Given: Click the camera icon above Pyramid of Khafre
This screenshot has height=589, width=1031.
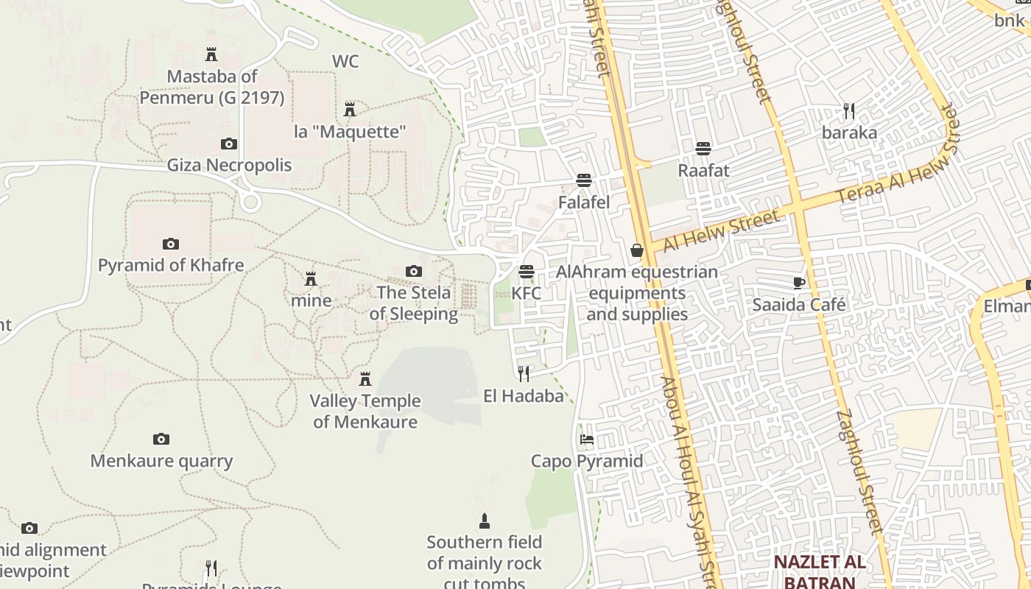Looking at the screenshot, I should (x=170, y=244).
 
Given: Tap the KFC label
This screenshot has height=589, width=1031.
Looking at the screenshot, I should (x=526, y=293).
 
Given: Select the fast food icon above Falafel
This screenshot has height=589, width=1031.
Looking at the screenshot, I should (x=584, y=180).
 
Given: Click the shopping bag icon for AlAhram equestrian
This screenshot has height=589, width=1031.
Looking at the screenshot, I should (x=637, y=250).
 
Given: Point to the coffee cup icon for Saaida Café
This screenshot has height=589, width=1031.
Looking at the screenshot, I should (x=799, y=283).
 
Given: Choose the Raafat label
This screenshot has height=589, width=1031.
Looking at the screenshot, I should (x=703, y=171).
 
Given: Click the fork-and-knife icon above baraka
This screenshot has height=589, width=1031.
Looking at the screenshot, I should (x=849, y=111).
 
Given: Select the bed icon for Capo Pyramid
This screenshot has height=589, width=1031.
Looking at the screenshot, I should (x=587, y=440).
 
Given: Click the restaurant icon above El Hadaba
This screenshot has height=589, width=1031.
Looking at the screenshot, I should (x=523, y=374).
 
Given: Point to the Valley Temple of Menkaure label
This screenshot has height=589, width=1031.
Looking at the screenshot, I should (x=365, y=412).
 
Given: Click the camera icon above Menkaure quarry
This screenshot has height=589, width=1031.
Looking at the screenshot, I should (x=161, y=440).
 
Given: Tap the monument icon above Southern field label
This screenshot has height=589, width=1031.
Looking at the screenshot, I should (x=484, y=521).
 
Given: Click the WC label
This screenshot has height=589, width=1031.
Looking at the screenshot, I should (x=345, y=61).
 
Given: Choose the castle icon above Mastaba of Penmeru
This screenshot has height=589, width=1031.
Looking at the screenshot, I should (x=211, y=54).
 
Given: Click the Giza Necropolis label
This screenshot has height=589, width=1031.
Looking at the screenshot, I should (x=229, y=165).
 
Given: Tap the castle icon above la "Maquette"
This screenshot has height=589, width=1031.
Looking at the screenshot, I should (x=350, y=110).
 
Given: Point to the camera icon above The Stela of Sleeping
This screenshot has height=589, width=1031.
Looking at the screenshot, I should (x=414, y=272).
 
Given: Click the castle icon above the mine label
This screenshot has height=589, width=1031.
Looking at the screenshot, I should (x=311, y=279).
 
